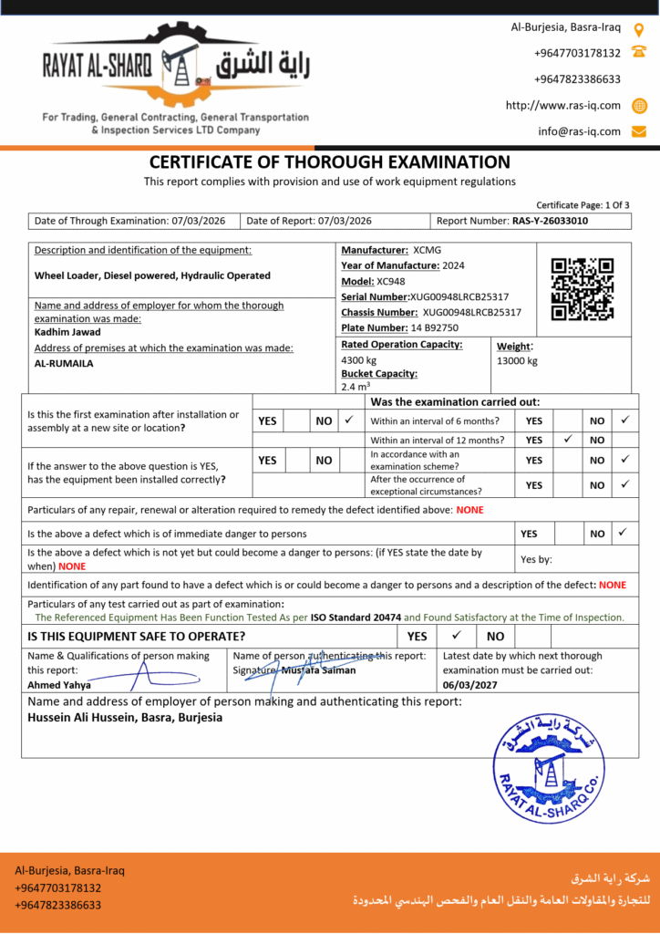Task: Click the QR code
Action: click(583, 289)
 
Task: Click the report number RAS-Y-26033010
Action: click(550, 221)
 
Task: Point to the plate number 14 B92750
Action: click(435, 327)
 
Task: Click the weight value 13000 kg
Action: click(517, 360)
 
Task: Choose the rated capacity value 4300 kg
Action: click(358, 360)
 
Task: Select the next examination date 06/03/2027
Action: click(471, 684)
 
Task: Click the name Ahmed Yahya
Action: click(59, 685)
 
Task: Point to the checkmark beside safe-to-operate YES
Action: click(457, 635)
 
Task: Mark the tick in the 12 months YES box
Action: click(567, 439)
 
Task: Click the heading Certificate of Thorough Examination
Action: click(330, 162)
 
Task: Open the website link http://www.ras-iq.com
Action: click(562, 105)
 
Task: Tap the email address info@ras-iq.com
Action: click(579, 131)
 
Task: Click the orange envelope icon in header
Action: click(639, 131)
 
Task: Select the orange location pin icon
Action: click(639, 29)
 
